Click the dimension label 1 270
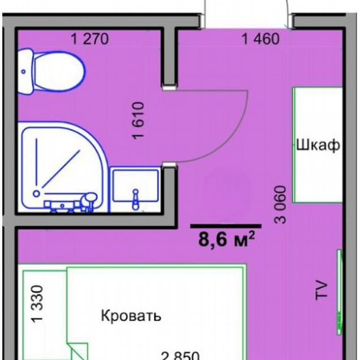pos(90,39)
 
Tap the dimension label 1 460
pos(261,39)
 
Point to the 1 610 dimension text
pos(139,121)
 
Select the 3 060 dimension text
pos(281,204)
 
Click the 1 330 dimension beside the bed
pos(37,304)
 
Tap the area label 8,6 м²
pos(226,239)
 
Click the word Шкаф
pos(318,145)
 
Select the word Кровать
pos(131,315)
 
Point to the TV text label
pos(322,290)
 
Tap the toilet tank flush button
pos(23,72)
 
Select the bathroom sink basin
pos(135,186)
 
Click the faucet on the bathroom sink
pos(136,199)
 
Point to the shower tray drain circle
pos(36,194)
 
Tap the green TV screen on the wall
pos(340,292)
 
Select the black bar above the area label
pos(226,226)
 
